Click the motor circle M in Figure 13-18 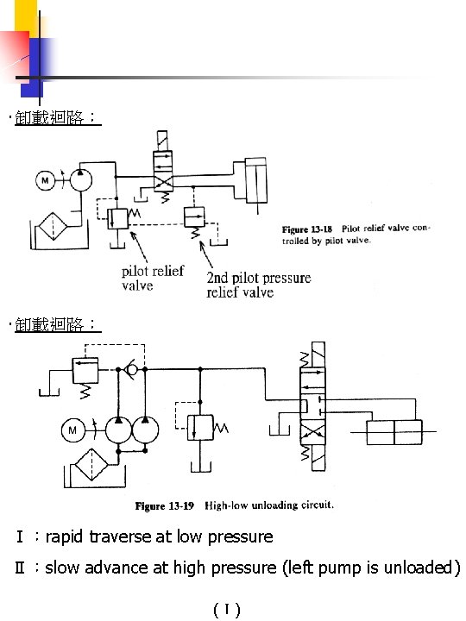(45, 180)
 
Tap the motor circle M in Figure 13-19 (72, 430)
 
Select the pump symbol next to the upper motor (79, 179)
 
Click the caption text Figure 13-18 (308, 229)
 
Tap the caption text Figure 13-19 (163, 505)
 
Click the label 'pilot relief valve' (152, 278)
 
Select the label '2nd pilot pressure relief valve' (258, 285)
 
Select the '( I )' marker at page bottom (226, 611)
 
